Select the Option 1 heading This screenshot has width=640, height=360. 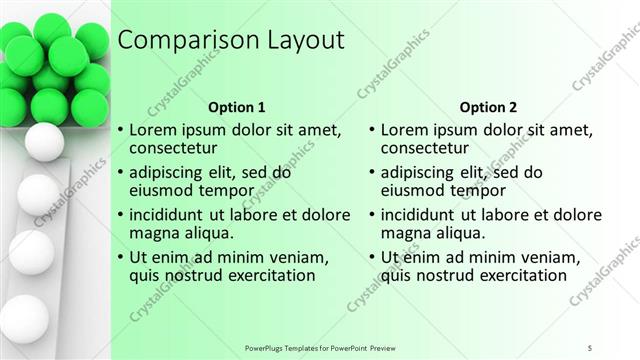pos(237,107)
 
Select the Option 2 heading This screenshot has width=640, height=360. pos(489,107)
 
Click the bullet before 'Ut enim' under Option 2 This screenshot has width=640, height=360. pos(372,257)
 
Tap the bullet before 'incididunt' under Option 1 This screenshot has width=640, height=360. pos(120,215)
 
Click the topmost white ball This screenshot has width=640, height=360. pos(43,143)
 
